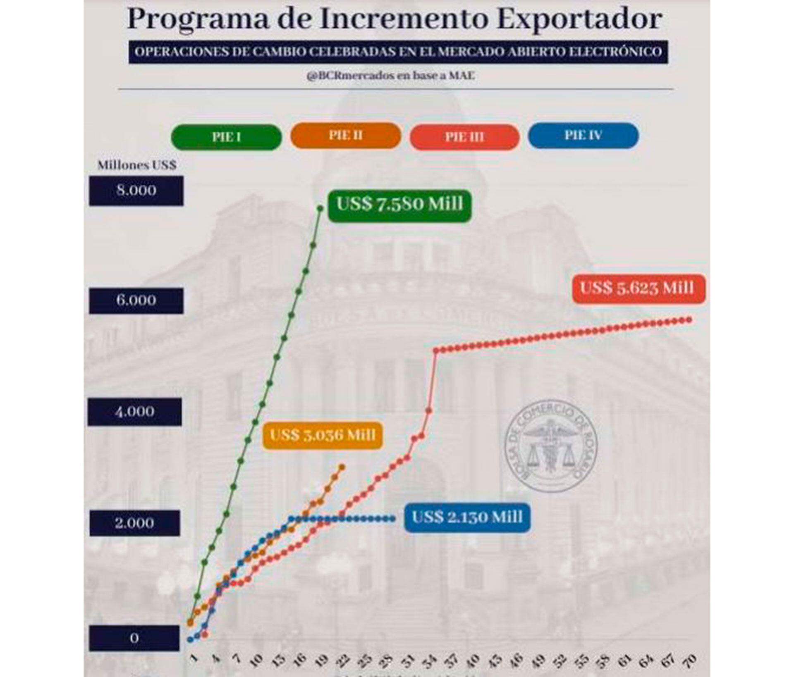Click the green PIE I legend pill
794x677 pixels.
coord(226,137)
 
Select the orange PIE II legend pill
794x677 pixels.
coord(346,136)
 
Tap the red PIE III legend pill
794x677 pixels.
coord(464,137)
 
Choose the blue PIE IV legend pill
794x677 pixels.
coord(583,136)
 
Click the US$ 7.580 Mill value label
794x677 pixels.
coord(399,204)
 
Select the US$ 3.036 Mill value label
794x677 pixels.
coord(323,435)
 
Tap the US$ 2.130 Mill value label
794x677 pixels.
coord(467,517)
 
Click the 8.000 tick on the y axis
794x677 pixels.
coord(136,191)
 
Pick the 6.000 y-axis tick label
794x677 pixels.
coord(136,300)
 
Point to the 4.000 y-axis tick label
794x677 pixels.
coord(135,412)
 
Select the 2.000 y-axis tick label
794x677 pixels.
coord(135,523)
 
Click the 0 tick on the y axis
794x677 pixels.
coord(134,638)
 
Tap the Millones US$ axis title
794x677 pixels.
coord(137,165)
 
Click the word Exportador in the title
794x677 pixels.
coord(579,19)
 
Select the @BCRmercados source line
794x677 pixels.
coord(390,76)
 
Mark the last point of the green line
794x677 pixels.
coord(320,208)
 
